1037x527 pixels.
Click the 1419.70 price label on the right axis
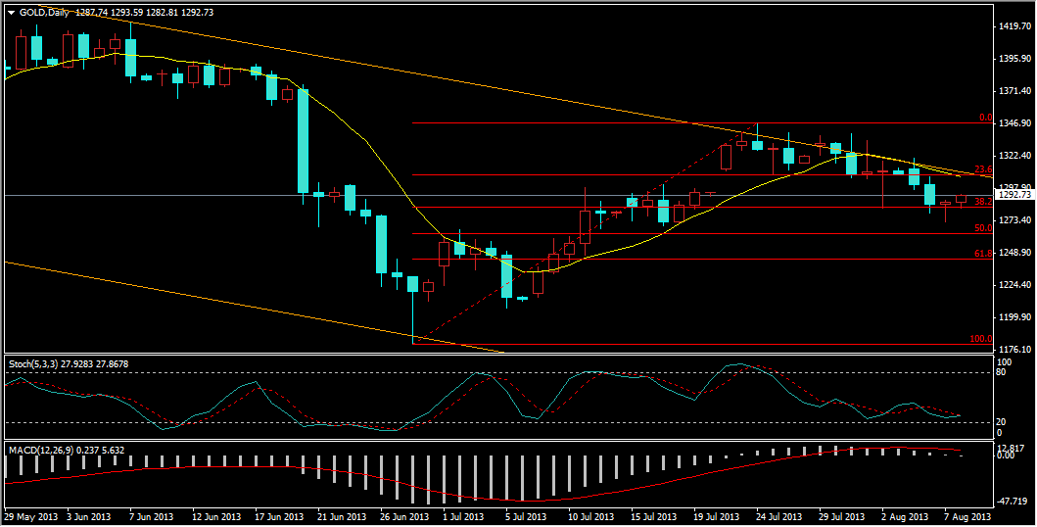click(1014, 26)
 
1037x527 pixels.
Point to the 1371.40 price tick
click(1014, 91)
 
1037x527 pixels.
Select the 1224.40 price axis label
click(1014, 285)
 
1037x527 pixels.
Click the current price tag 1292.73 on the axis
click(1014, 195)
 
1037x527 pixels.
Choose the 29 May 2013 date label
click(29, 516)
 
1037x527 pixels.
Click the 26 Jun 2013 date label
click(403, 516)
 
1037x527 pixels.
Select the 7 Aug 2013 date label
click(966, 516)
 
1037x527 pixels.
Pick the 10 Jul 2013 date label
click(590, 516)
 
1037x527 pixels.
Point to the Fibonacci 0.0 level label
click(986, 118)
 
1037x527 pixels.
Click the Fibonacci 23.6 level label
click(984, 169)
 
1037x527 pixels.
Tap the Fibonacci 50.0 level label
click(984, 228)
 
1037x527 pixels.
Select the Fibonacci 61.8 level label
click(984, 254)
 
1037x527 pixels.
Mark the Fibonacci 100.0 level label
click(981, 339)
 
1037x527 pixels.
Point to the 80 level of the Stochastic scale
click(1002, 372)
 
